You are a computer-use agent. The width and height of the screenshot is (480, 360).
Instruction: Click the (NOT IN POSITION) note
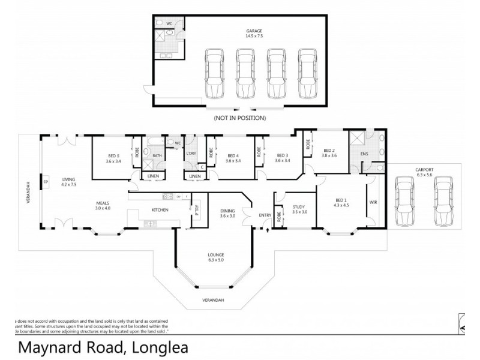tap(239, 118)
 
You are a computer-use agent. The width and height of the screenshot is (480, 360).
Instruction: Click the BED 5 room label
tap(114, 158)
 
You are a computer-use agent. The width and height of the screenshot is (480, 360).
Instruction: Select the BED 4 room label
tap(233, 158)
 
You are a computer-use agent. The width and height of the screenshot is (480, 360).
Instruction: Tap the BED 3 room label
tap(283, 158)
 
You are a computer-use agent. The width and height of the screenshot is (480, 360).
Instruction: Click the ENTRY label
tap(265, 215)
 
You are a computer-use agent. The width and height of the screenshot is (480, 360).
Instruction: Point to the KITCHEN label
tap(160, 209)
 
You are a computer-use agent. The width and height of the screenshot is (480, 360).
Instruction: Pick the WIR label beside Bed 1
tap(373, 202)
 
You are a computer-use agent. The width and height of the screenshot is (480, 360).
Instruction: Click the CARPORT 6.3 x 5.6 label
tap(424, 172)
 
